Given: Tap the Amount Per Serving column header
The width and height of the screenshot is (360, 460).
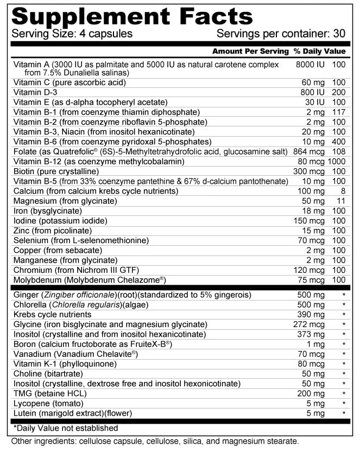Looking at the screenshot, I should [250, 52].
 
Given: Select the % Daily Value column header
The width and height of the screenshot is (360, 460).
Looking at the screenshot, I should [319, 52].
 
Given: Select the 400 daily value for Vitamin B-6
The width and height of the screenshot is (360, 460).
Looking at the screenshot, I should [338, 142].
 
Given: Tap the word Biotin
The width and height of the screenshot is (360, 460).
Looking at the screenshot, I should [26, 171].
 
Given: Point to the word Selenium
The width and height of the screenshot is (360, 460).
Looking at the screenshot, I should [31, 240].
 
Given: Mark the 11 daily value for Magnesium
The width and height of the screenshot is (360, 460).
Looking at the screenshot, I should [341, 201].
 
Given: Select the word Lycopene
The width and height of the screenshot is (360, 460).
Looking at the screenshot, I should [31, 403].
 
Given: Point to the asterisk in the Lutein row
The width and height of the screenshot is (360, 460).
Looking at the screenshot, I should [343, 413].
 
